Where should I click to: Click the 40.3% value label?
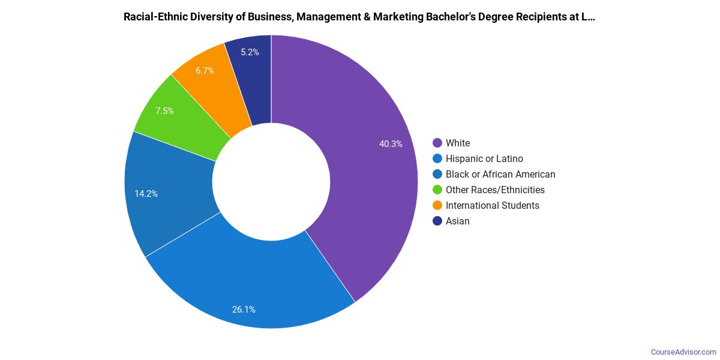click(391, 144)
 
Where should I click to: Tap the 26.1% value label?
click(244, 310)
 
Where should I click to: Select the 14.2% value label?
click(146, 194)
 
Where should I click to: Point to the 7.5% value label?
click(164, 111)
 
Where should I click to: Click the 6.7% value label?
click(205, 71)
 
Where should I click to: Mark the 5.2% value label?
click(250, 52)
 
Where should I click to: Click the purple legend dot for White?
click(437, 143)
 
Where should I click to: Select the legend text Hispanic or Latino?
click(484, 158)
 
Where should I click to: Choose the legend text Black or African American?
click(500, 174)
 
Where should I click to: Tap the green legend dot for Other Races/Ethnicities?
click(437, 190)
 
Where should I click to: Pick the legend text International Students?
click(492, 205)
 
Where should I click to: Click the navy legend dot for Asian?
click(437, 221)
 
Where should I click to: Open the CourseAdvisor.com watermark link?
click(683, 352)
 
